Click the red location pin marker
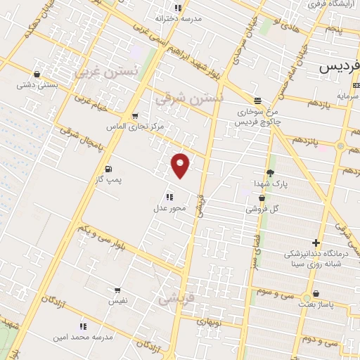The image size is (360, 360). pos(181,165)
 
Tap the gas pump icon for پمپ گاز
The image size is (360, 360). pos(108,169)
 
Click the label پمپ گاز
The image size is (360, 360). pos(109,180)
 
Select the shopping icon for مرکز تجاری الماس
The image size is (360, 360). pos(134,115)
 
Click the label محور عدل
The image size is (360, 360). pos(169,208)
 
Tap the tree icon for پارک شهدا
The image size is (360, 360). pos(271,173)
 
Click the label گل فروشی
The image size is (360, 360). pos(262,209)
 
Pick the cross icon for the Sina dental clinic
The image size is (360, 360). pos(316,243)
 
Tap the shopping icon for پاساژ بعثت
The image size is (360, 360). pos(316,294)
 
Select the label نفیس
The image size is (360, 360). pos(117,300)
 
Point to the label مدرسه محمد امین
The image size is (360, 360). pos(83,337)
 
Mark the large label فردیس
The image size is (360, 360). pos(340,67)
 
